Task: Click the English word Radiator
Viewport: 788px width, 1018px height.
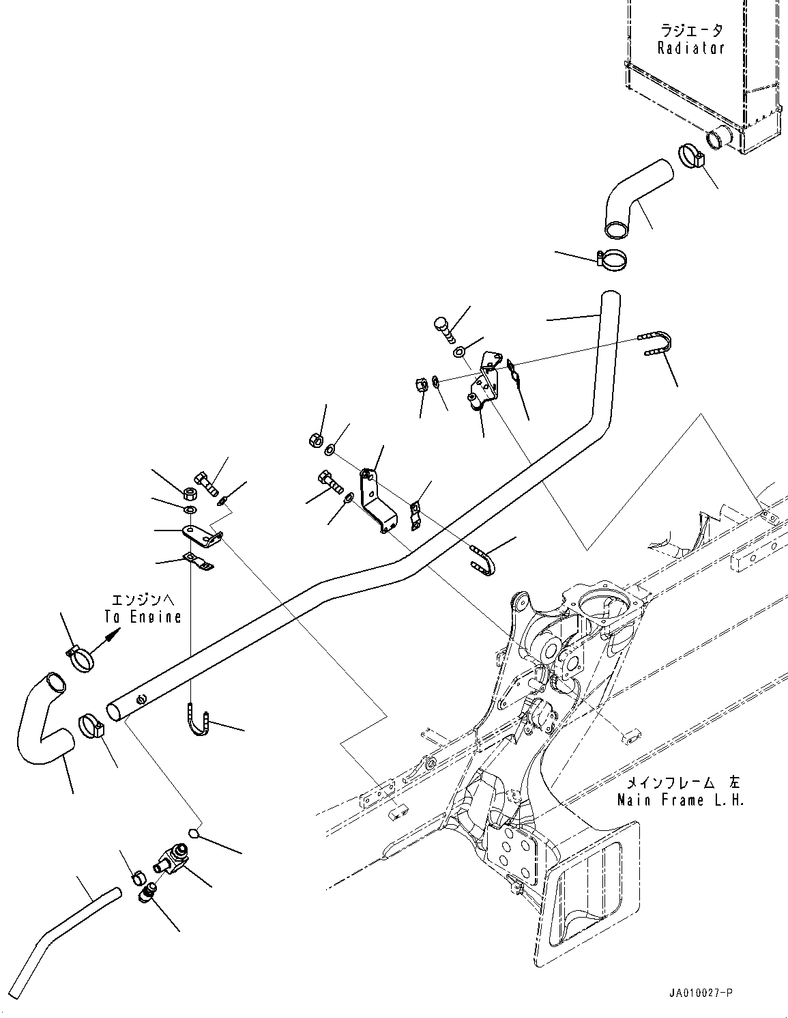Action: pyautogui.click(x=690, y=48)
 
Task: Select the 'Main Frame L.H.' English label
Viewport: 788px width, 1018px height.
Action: pyautogui.click(x=680, y=800)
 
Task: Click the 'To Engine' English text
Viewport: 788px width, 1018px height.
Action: pyautogui.click(x=143, y=617)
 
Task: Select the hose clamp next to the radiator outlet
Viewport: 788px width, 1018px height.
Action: pyautogui.click(x=691, y=156)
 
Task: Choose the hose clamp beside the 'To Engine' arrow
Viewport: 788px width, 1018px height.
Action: pyautogui.click(x=81, y=659)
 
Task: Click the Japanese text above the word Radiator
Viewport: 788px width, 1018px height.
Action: pyautogui.click(x=690, y=31)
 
